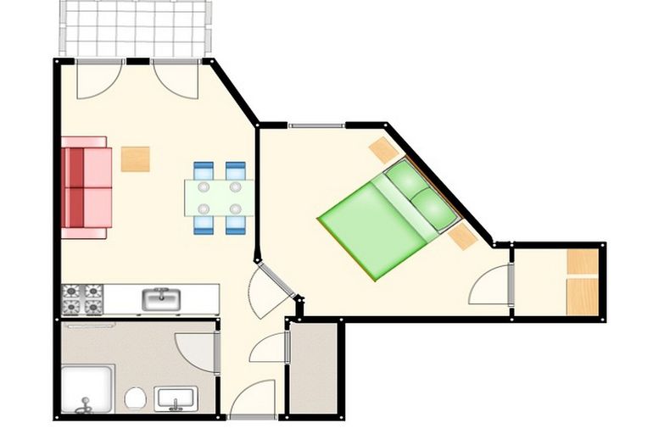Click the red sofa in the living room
pyautogui.click(x=86, y=188)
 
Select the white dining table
pyautogui.click(x=218, y=197)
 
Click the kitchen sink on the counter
pyautogui.click(x=159, y=298)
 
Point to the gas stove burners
pyautogui.click(x=82, y=298)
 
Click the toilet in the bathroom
pyautogui.click(x=135, y=398)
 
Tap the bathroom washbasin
pyautogui.click(x=176, y=397)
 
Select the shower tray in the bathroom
pyautogui.click(x=87, y=390)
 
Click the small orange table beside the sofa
pyautogui.click(x=135, y=159)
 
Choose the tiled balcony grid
pyautogui.click(x=134, y=28)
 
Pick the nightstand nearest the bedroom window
pyautogui.click(x=383, y=151)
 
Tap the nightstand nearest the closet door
pyautogui.click(x=462, y=236)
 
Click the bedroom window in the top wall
pyautogui.click(x=316, y=125)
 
